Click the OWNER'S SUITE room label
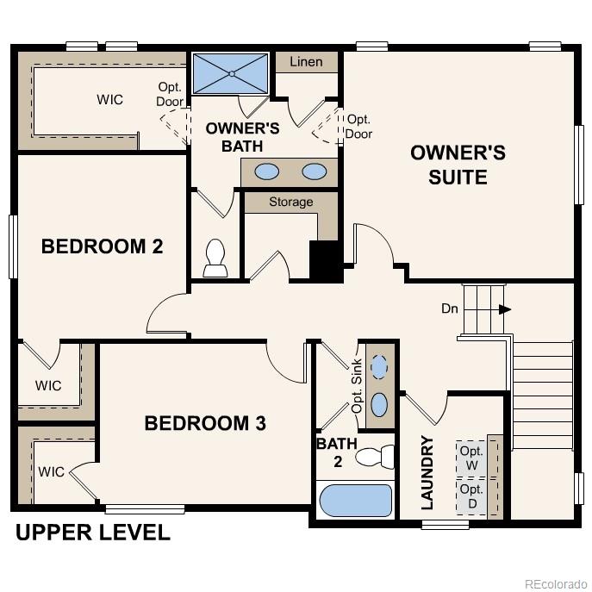[458, 165]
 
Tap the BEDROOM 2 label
[102, 246]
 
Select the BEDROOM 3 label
[204, 423]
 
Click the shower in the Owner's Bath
[230, 74]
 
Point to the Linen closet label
[306, 62]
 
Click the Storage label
[290, 202]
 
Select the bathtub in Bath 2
[355, 499]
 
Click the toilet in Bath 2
[375, 456]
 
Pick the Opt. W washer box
[470, 458]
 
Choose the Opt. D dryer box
[470, 496]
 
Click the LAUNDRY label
[427, 473]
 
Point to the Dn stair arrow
[504, 308]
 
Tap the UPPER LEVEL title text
[92, 533]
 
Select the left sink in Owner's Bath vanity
[268, 171]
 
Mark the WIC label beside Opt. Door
[109, 99]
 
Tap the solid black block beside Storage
[325, 259]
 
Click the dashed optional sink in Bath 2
[379, 366]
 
